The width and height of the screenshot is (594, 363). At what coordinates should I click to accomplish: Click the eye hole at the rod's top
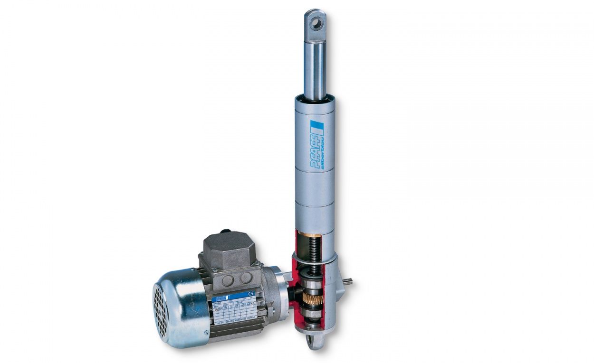316,22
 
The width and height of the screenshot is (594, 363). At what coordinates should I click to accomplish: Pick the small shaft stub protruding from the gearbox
348,282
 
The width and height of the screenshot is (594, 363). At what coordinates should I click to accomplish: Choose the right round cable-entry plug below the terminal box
245,277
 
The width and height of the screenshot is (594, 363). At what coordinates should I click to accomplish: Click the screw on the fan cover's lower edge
206,333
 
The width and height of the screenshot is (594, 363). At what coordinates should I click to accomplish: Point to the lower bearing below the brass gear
314,314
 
